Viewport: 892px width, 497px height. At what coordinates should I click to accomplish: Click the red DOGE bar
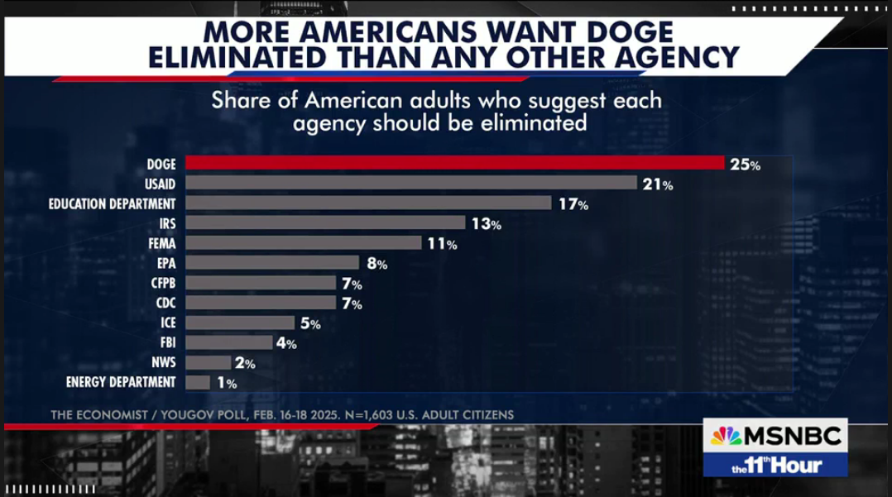click(454, 164)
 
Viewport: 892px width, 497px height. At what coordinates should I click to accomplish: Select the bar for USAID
click(411, 184)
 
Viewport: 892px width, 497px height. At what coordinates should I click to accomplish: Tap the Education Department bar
click(368, 203)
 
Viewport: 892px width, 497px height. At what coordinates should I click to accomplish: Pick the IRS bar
click(325, 223)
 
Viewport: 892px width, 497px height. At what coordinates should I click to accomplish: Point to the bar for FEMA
click(304, 243)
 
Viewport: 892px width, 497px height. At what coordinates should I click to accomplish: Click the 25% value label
click(745, 165)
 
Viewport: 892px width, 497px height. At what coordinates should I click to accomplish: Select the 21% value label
click(658, 184)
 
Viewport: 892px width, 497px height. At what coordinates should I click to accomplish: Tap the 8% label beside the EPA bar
click(376, 264)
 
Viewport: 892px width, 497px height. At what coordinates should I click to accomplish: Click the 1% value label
click(226, 383)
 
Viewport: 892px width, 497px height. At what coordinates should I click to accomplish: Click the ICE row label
click(168, 323)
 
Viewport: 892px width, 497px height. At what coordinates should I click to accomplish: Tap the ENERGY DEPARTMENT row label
click(121, 382)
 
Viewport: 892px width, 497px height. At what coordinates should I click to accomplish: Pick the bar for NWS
click(209, 362)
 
